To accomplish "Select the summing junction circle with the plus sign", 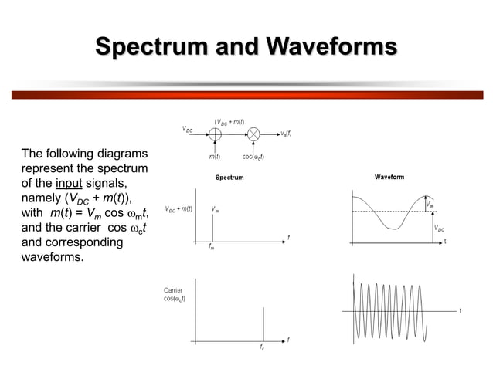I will click(216, 134).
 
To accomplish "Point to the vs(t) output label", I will click(285, 134).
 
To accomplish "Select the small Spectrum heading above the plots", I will click(229, 178).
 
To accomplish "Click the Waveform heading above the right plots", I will click(389, 178).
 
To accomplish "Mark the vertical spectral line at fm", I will click(213, 229).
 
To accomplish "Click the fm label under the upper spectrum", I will click(212, 248).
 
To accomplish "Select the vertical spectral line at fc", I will click(263, 324).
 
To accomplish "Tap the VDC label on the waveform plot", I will click(440, 229).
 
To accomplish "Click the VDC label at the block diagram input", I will click(188, 130).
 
